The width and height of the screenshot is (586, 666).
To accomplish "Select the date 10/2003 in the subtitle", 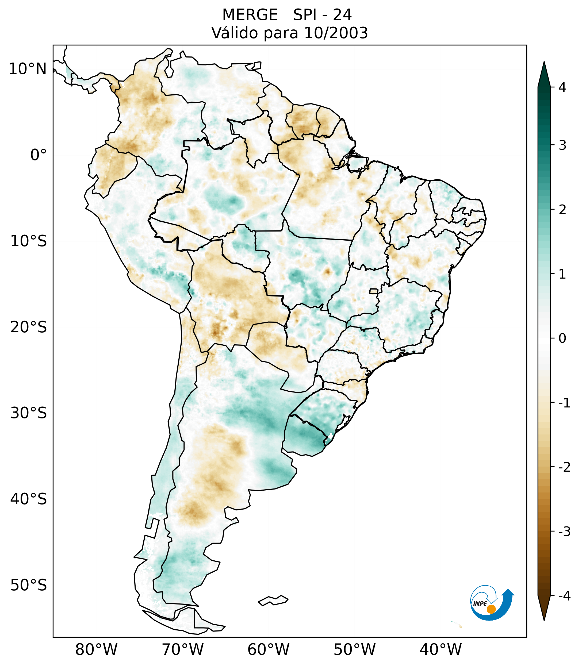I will (336, 33).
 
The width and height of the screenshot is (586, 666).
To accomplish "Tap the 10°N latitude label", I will (28, 69).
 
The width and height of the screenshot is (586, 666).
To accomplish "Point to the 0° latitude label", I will (39, 155).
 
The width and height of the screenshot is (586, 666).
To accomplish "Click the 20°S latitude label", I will (29, 328).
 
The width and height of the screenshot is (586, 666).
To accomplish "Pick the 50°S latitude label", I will (29, 586).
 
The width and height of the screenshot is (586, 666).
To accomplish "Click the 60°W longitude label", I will (268, 649).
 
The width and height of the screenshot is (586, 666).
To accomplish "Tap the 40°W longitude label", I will (440, 649).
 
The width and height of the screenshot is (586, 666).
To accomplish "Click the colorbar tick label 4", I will (562, 87).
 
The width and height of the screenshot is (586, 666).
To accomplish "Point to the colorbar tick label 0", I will (562, 338).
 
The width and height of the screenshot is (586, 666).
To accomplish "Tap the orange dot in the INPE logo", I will (491, 609).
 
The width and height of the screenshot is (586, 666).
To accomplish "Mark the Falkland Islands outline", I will (273, 600).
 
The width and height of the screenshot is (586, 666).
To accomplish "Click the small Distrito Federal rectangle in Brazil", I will (374, 291).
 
